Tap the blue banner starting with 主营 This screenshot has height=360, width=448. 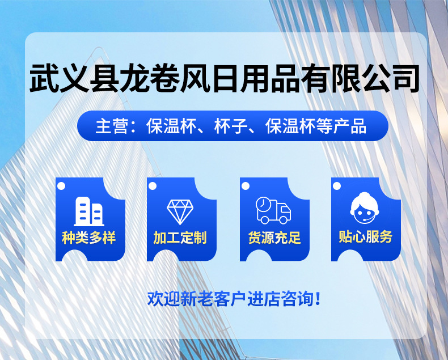pyautogui.click(x=233, y=126)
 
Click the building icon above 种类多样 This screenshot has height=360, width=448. pyautogui.click(x=89, y=211)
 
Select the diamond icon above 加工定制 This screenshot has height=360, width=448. pyautogui.click(x=180, y=211)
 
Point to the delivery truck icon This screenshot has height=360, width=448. pyautogui.click(x=273, y=210)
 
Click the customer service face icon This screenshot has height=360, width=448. pyautogui.click(x=365, y=208)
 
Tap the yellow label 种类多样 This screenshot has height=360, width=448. pyautogui.click(x=89, y=238)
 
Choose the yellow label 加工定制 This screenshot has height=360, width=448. pyautogui.click(x=180, y=238)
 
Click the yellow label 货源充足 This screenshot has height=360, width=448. pyautogui.click(x=274, y=238)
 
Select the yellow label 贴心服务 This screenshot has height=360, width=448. pyautogui.click(x=365, y=237)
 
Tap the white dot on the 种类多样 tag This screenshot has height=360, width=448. pyautogui.click(x=61, y=187)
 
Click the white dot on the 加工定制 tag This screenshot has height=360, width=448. pyautogui.click(x=153, y=187)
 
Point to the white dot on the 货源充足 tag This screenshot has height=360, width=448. pyautogui.click(x=246, y=187)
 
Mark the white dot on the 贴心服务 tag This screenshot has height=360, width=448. pyautogui.click(x=337, y=187)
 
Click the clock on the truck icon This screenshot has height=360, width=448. pyautogui.click(x=263, y=204)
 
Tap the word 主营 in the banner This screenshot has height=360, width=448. pyautogui.click(x=111, y=126)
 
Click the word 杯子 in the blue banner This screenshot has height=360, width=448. pyautogui.click(x=231, y=126)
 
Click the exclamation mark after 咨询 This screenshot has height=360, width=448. pyautogui.click(x=318, y=299)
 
